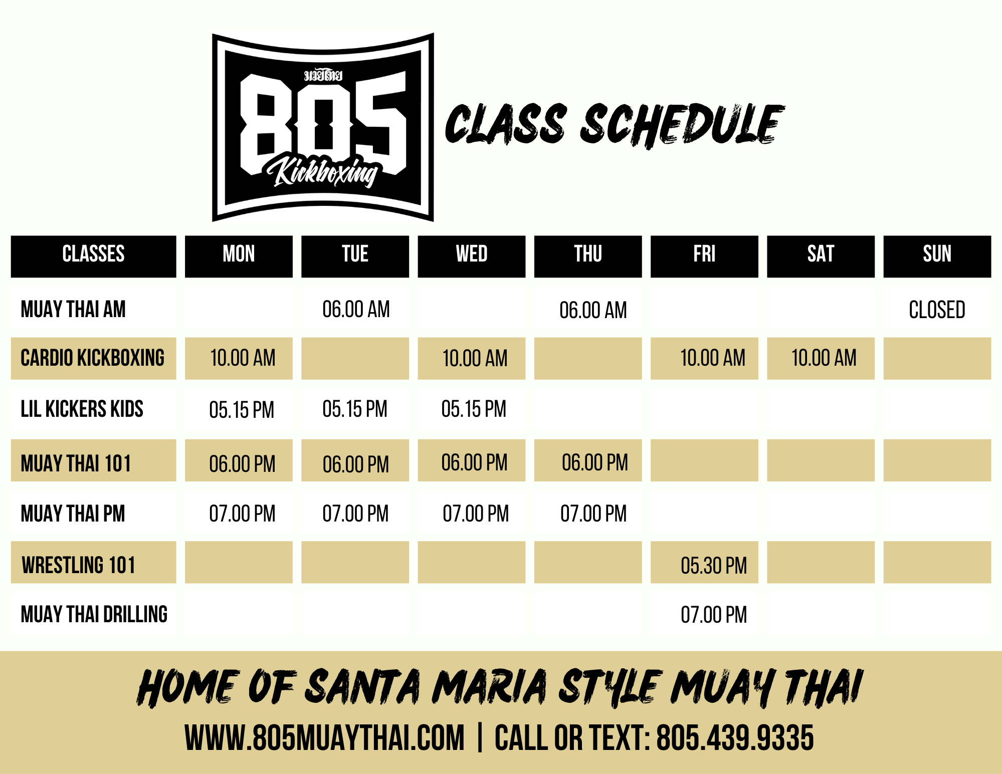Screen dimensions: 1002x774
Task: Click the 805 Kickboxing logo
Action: tap(323, 127)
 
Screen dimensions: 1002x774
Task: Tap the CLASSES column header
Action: tap(93, 253)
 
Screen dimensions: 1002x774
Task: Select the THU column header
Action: tap(588, 253)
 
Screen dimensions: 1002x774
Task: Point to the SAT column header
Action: tap(821, 253)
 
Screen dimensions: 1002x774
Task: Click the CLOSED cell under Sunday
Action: tap(937, 310)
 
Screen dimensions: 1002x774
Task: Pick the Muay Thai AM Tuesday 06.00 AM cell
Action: tap(356, 309)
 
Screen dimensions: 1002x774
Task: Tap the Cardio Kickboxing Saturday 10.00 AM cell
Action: tap(824, 358)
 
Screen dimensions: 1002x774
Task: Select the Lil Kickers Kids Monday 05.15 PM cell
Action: tap(242, 410)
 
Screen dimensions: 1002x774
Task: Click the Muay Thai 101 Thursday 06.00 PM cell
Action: tap(594, 462)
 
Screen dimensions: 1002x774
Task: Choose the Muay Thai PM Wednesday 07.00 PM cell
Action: tap(476, 513)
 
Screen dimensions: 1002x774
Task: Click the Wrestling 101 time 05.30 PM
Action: tap(714, 566)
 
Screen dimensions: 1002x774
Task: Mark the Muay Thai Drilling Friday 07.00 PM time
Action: tap(714, 615)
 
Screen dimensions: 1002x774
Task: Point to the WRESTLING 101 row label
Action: tap(79, 565)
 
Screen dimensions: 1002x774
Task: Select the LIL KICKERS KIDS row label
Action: tap(82, 409)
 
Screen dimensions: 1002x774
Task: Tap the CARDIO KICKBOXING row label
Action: tap(93, 358)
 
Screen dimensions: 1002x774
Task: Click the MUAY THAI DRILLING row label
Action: tap(94, 614)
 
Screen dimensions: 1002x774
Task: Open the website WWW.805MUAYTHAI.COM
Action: tap(325, 737)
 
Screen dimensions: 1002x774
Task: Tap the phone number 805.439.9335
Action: tap(735, 737)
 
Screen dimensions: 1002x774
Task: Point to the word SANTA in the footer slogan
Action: tap(363, 687)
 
